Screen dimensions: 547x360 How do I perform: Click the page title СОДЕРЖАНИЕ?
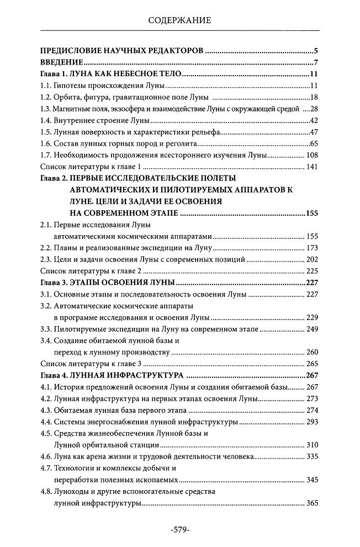tap(180, 21)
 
